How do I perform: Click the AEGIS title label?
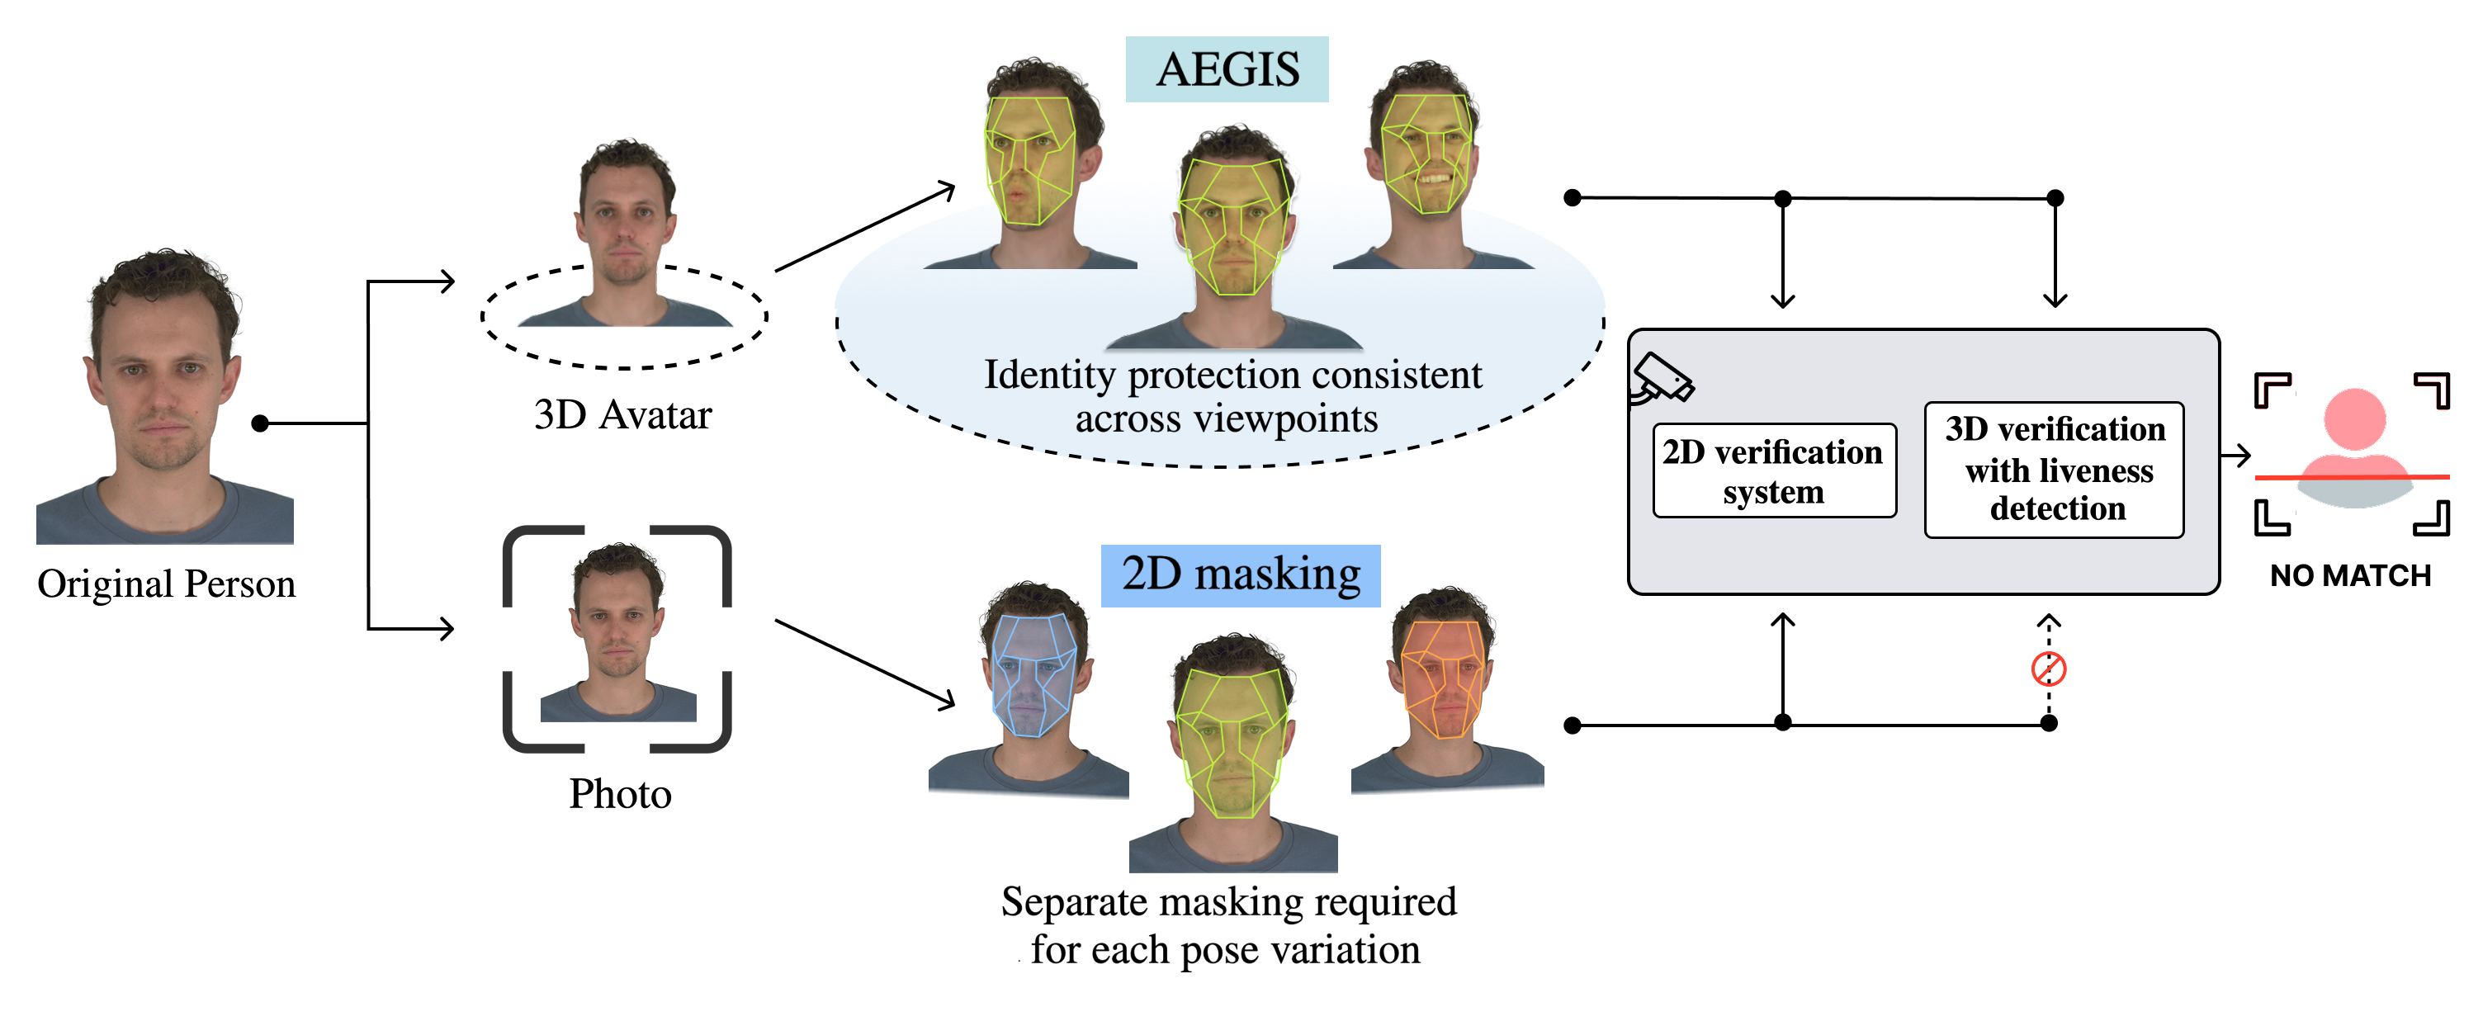[1226, 69]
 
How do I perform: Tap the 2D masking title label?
[1240, 574]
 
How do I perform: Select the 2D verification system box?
[1774, 470]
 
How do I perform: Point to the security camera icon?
[1661, 380]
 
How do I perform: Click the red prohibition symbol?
[2048, 668]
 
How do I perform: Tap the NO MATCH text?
[2350, 575]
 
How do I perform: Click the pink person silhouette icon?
[2354, 438]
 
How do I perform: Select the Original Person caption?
[166, 584]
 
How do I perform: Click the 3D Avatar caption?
[622, 415]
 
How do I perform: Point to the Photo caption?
[620, 795]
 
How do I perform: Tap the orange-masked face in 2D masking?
[1442, 678]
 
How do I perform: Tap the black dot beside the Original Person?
[259, 423]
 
